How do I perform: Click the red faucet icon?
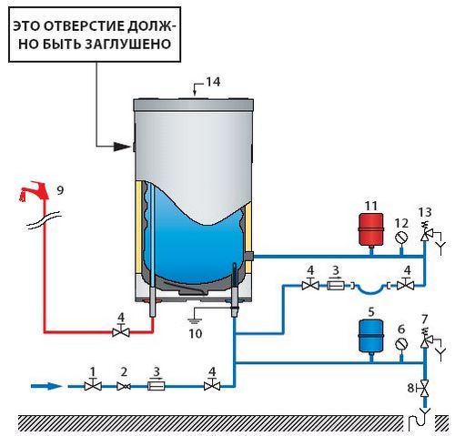tap(34, 191)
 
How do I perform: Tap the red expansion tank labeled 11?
tap(370, 229)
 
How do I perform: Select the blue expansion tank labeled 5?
tap(371, 336)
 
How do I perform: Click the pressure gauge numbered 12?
tap(401, 238)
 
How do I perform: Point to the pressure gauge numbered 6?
tap(401, 344)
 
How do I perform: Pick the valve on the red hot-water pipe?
tap(121, 332)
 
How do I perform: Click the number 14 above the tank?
tap(213, 82)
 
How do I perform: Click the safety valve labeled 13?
tap(425, 234)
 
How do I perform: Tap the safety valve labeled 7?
tap(425, 340)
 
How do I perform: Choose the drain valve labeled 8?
tap(424, 389)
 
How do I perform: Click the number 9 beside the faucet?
tap(60, 190)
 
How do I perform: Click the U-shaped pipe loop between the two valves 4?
tap(370, 289)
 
